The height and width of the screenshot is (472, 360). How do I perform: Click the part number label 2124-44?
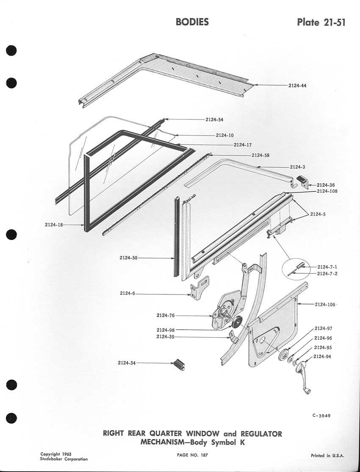tap(297, 86)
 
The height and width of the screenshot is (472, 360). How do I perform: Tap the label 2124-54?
tap(214, 119)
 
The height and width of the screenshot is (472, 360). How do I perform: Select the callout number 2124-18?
tap(53, 225)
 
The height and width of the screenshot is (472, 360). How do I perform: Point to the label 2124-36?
tap(326, 185)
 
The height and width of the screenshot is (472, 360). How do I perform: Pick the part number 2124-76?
tap(165, 315)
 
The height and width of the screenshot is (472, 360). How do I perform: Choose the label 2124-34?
tap(127, 363)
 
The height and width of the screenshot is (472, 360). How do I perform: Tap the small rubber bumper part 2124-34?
tap(179, 365)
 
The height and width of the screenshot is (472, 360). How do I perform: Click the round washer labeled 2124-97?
tap(284, 355)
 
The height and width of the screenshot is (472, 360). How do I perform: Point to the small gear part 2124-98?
tap(236, 322)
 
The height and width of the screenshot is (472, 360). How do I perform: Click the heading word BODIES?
tap(192, 22)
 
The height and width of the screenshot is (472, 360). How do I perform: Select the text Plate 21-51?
tap(321, 22)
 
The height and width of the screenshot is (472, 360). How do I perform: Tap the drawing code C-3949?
tap(318, 416)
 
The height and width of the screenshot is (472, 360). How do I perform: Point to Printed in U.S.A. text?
tap(327, 455)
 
